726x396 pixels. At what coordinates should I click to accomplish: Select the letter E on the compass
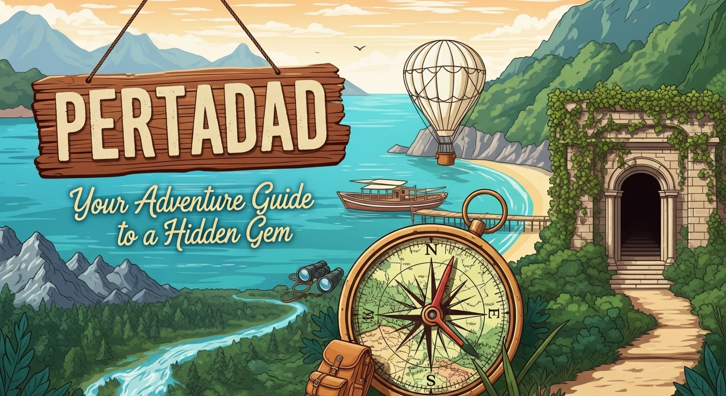(x=493, y=314)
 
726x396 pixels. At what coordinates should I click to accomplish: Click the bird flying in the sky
(x=359, y=48)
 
